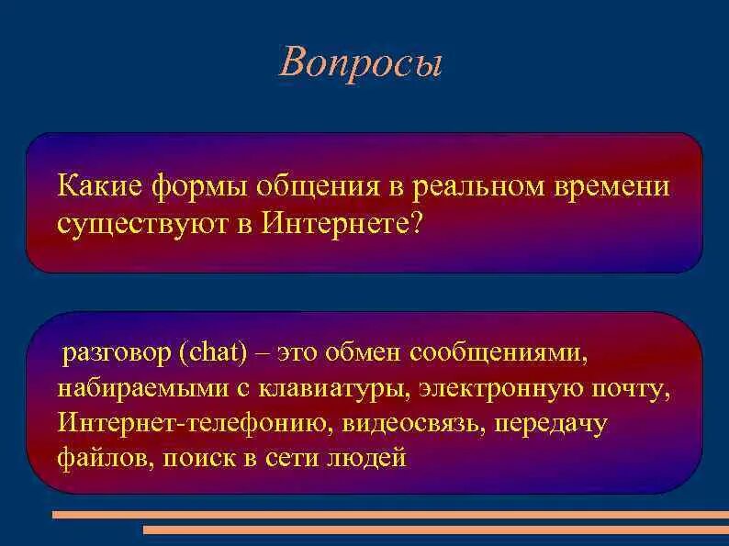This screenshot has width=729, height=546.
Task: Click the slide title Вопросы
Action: (362, 61)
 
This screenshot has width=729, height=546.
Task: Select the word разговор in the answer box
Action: (116, 354)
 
